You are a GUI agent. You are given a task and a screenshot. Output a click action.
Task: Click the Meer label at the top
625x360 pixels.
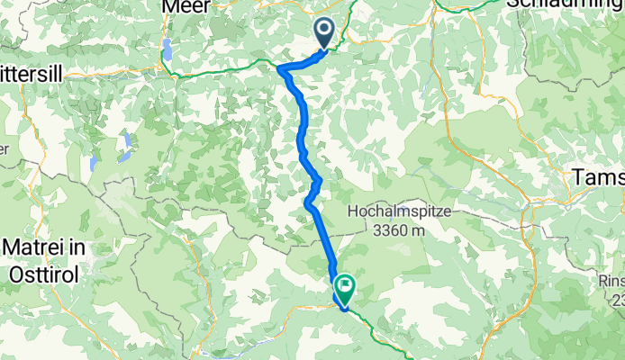187,6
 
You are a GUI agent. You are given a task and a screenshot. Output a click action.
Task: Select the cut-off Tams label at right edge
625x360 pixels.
600,178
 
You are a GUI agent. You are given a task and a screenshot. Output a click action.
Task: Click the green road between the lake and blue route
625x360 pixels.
225,73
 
